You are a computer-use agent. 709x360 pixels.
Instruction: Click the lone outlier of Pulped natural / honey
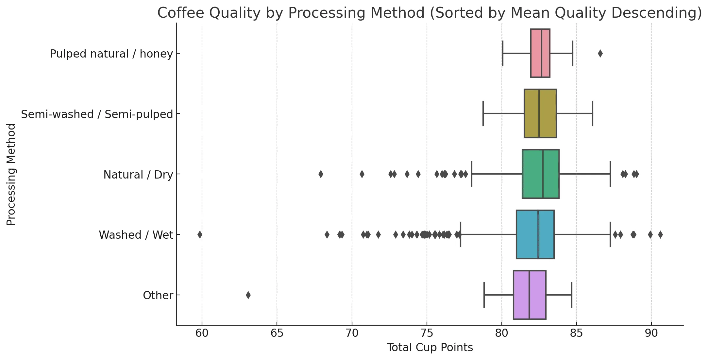600,53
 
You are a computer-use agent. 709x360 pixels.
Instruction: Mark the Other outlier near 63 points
248,295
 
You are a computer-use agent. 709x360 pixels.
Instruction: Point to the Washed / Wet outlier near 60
200,234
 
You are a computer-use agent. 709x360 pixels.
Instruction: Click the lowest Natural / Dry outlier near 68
321,174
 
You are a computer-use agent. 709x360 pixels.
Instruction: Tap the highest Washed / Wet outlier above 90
660,234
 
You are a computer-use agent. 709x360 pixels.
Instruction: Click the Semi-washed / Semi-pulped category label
97,114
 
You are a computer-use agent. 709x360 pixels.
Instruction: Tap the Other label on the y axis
158,296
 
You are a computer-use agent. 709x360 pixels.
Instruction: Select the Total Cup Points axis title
430,348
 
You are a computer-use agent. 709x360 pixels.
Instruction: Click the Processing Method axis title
11,174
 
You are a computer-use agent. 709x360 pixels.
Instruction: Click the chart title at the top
430,13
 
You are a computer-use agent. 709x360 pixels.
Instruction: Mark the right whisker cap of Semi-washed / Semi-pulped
592,113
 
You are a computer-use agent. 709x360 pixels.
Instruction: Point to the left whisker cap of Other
484,295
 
